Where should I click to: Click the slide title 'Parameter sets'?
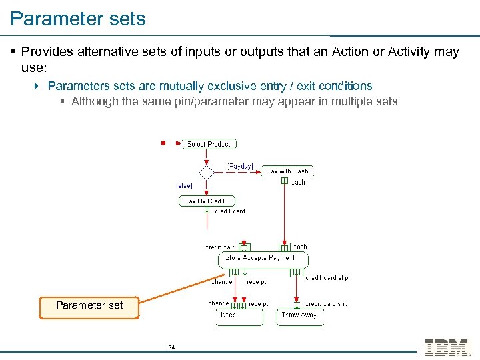(78, 19)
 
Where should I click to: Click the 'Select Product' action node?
(209, 143)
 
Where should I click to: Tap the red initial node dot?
(162, 143)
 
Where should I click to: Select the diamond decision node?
(207, 172)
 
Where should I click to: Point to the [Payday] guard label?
(240, 166)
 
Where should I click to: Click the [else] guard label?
(184, 185)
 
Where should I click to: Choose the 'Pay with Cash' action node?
(287, 171)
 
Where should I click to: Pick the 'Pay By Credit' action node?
(206, 201)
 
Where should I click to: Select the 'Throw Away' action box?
(299, 315)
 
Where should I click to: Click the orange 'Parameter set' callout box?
(89, 305)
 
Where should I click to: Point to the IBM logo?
(446, 347)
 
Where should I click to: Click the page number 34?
(171, 347)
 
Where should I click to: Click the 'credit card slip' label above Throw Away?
(326, 304)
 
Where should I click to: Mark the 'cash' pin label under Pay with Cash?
(298, 182)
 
